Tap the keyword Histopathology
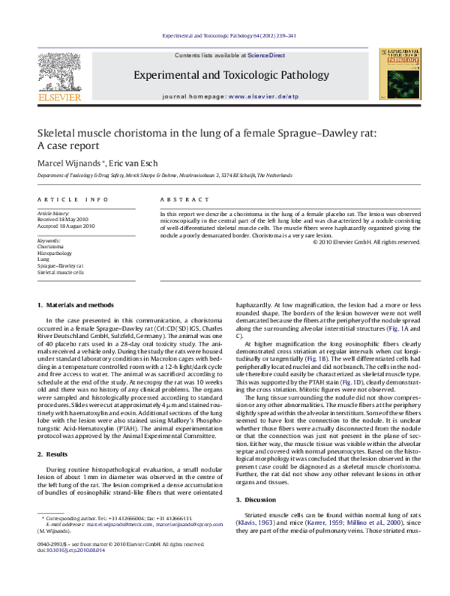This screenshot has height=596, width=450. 56,254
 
